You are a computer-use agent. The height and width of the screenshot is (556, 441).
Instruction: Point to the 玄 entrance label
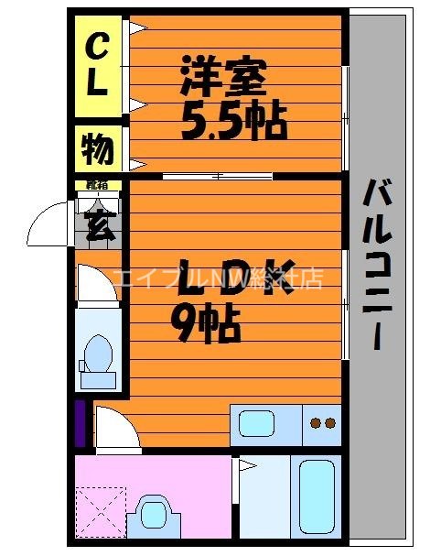[x=98, y=224]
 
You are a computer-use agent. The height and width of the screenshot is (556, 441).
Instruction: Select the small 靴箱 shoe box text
[x=97, y=186]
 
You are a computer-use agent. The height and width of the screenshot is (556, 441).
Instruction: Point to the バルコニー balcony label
[x=385, y=265]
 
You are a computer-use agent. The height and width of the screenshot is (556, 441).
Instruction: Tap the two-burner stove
[x=322, y=424]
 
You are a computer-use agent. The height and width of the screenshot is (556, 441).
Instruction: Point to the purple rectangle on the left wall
[x=80, y=423]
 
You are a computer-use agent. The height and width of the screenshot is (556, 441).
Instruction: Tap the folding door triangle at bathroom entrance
[x=245, y=466]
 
